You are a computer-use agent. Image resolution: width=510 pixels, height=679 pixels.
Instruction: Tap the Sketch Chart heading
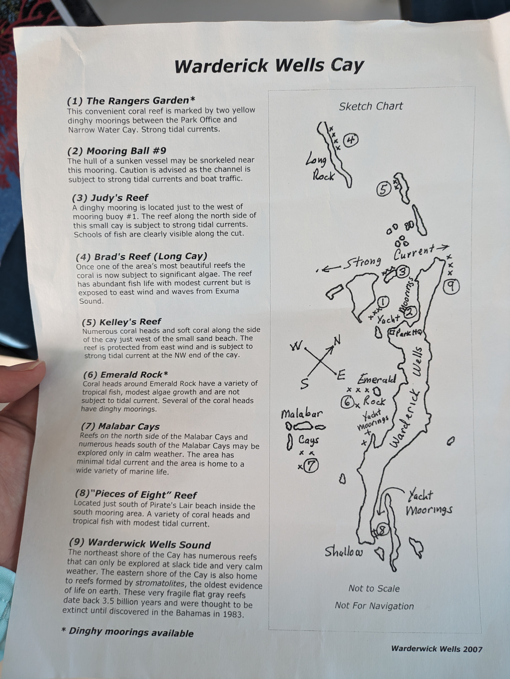coord(371,106)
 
